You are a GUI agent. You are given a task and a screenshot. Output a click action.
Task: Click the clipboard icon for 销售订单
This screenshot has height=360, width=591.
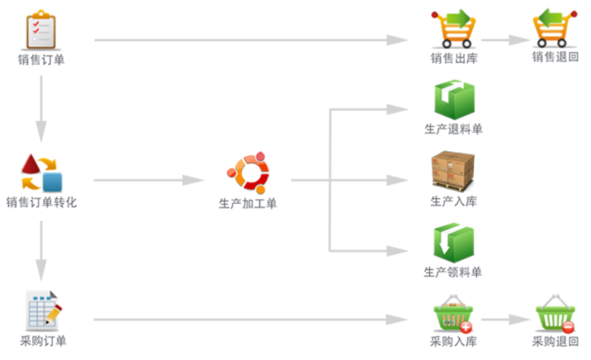click(40, 29)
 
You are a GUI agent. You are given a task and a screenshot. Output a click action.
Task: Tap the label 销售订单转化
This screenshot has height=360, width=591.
click(41, 202)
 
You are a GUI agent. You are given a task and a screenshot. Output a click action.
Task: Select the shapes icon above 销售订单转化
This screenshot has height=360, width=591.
click(41, 172)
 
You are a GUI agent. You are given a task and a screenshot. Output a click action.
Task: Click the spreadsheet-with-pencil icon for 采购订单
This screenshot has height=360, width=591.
click(41, 311)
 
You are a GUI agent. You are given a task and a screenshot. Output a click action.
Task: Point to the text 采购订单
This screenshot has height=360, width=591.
click(41, 341)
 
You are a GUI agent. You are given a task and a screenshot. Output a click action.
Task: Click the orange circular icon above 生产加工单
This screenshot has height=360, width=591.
click(248, 172)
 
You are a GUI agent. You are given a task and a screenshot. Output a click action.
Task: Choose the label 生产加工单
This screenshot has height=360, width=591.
click(248, 203)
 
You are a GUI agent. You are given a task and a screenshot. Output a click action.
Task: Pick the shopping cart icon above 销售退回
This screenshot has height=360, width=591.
click(555, 28)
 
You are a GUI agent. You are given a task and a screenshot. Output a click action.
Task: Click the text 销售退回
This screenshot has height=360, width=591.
click(555, 57)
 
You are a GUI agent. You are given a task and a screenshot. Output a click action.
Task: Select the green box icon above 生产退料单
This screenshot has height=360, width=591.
click(454, 100)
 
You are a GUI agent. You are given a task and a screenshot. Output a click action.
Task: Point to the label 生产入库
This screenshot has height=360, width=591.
click(454, 201)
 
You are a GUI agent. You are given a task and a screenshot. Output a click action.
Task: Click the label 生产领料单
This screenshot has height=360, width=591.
click(453, 272)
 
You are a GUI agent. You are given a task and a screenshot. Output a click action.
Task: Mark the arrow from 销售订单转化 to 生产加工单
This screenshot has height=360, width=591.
click(149, 180)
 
